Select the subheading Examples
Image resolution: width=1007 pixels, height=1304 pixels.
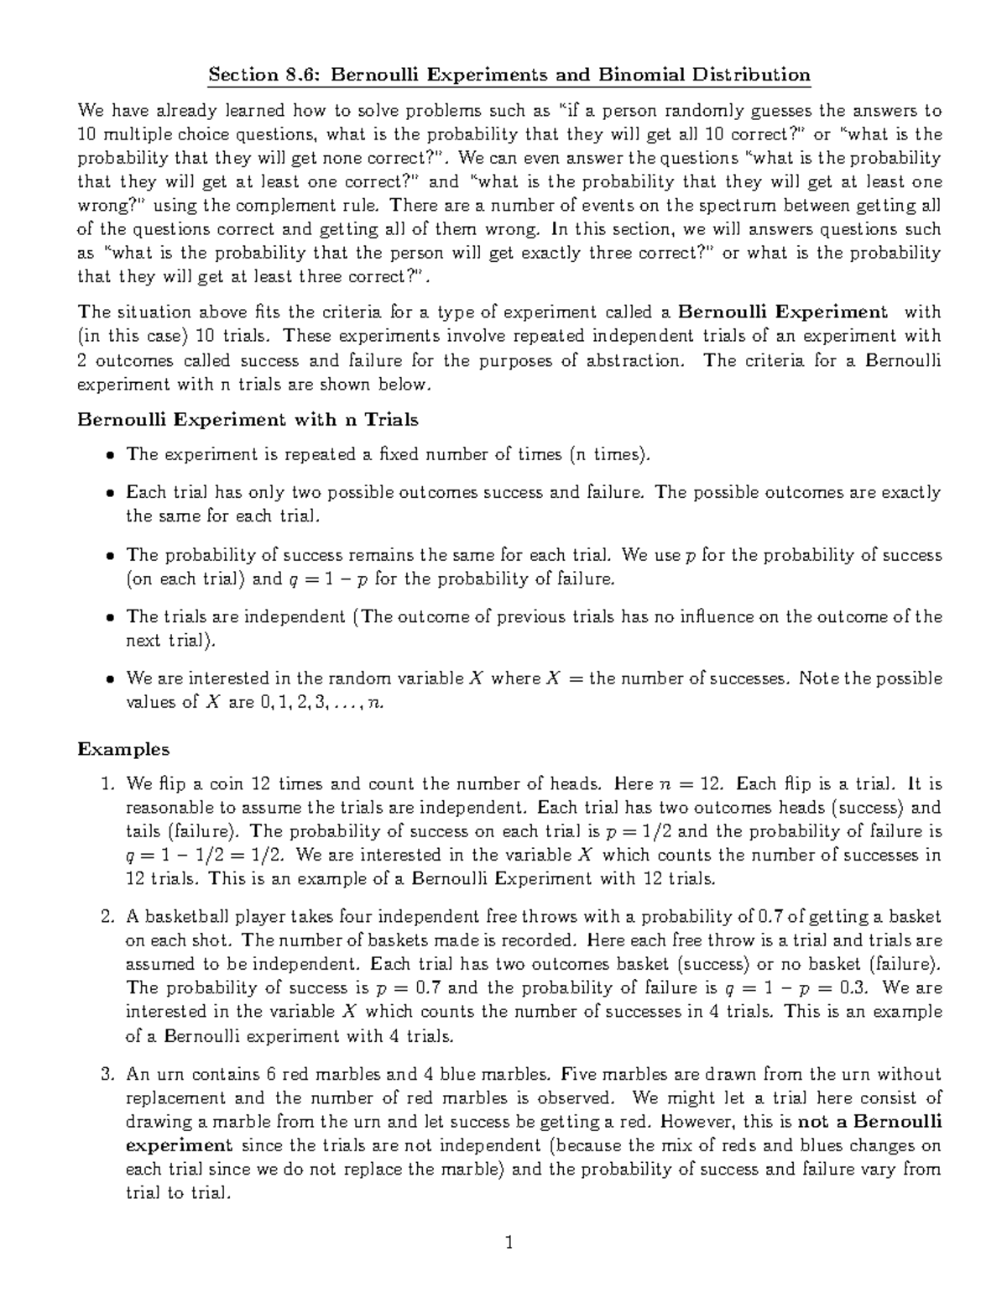[123, 748]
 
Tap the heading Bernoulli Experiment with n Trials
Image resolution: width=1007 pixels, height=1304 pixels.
[248, 418]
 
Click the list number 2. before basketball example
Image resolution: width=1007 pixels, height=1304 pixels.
[107, 917]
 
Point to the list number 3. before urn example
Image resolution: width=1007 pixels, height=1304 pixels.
[107, 1074]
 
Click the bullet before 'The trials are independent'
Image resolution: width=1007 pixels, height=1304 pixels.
[110, 617]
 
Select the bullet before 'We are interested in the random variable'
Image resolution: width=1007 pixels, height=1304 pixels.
[110, 678]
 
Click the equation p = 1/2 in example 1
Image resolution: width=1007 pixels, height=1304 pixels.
[640, 831]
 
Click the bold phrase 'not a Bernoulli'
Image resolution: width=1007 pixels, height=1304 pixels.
[869, 1121]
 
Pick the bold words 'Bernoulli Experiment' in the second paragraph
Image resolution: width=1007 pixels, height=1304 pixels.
[782, 312]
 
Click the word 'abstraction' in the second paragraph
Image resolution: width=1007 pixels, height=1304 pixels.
[635, 360]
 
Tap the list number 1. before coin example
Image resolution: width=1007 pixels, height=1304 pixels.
[107, 784]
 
